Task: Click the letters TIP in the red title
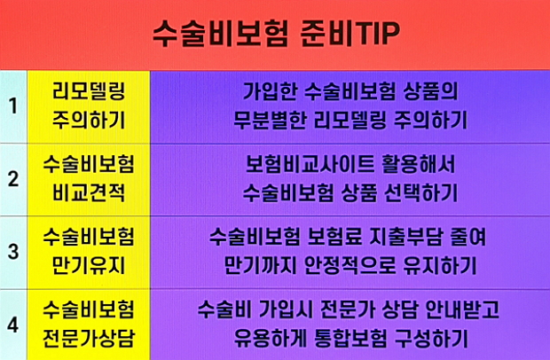[374, 33]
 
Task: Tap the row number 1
[13, 106]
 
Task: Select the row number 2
[13, 179]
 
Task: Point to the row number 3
[13, 252]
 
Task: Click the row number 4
[13, 325]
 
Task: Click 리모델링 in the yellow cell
[89, 91]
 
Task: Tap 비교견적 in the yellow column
[89, 193]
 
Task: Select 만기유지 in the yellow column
[89, 266]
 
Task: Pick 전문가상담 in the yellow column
[89, 340]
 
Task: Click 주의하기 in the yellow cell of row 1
[89, 121]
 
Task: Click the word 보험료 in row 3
[334, 237]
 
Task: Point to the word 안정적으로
[350, 266]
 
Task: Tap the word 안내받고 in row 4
[462, 309]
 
